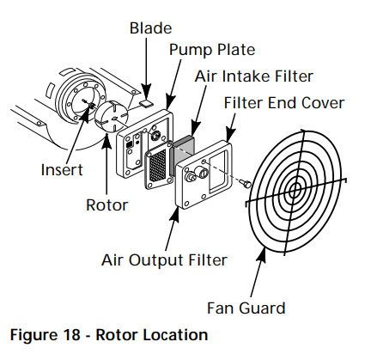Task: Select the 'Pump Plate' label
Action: pos(211,49)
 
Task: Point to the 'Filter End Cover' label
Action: pos(284,103)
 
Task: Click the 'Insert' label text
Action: pos(62,169)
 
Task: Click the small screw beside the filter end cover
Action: pos(246,182)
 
